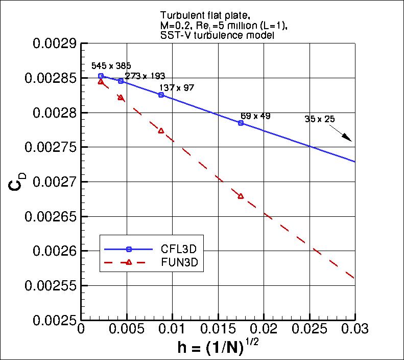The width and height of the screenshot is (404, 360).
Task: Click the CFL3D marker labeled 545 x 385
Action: click(101, 76)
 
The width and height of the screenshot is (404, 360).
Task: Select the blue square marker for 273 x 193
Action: click(121, 81)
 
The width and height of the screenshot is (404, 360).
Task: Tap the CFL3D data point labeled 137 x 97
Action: click(161, 95)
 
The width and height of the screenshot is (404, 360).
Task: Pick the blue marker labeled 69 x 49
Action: click(241, 123)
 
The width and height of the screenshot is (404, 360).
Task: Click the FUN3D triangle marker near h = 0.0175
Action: click(241, 196)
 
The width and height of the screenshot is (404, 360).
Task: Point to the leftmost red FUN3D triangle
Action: click(101, 82)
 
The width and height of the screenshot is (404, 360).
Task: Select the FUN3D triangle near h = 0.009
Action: click(161, 131)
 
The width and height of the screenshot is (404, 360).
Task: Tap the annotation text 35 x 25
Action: click(319, 119)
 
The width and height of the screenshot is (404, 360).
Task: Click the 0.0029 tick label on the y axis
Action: click(55, 43)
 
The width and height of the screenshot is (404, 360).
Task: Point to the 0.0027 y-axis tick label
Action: click(55, 182)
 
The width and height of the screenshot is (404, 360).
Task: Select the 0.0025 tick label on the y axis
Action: click(55, 320)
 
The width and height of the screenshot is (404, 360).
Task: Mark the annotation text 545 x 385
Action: click(111, 66)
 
